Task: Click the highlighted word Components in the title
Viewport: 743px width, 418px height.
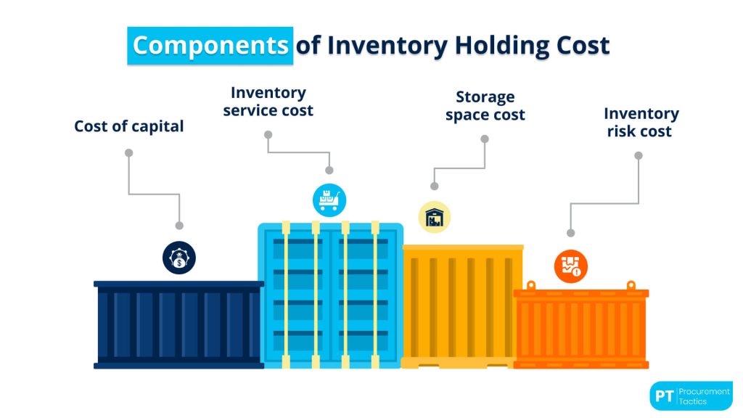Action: (210, 45)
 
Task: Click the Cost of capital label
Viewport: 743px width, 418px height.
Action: (129, 126)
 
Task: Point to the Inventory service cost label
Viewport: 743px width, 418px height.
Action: (268, 102)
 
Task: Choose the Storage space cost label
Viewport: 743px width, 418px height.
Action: (485, 106)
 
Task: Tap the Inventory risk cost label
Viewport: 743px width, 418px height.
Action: (641, 123)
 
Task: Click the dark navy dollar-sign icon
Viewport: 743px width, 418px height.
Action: (178, 257)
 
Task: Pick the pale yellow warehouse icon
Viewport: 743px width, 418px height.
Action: (435, 217)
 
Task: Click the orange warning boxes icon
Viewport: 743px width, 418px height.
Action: (571, 266)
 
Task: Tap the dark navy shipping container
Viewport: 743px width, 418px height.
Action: (178, 324)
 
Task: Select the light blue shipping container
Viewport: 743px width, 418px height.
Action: (330, 295)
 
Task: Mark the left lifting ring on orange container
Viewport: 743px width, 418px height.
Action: (531, 285)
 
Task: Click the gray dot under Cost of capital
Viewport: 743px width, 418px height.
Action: (129, 153)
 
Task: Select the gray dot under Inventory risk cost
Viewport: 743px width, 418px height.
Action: (639, 155)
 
